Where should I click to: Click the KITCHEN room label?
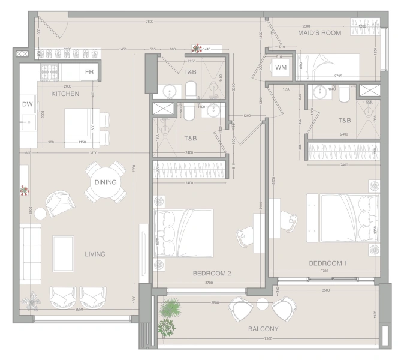[x=65, y=94]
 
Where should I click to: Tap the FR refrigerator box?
[x=89, y=73]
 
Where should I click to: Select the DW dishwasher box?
[x=27, y=104]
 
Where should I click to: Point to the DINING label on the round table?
[x=105, y=182]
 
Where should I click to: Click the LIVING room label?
[x=95, y=254]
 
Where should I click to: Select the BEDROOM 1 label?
[x=328, y=263]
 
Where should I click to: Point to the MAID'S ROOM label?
[x=319, y=33]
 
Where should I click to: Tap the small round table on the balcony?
[x=262, y=304]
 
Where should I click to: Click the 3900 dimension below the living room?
[x=79, y=310]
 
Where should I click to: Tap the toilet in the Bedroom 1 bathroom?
[x=344, y=96]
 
